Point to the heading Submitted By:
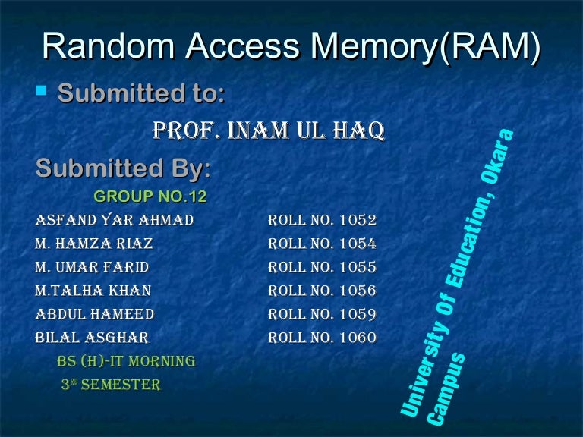[123, 168]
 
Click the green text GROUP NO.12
[150, 197]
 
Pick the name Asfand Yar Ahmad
[114, 221]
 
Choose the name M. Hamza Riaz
[93, 244]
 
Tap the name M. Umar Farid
[92, 268]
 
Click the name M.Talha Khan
[93, 291]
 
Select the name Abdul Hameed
[94, 314]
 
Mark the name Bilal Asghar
[92, 338]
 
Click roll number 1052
[358, 221]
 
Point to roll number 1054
[358, 244]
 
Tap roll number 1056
[358, 291]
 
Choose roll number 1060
[358, 338]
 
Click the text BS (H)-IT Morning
[126, 361]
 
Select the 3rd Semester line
[111, 385]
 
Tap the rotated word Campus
[447, 388]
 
